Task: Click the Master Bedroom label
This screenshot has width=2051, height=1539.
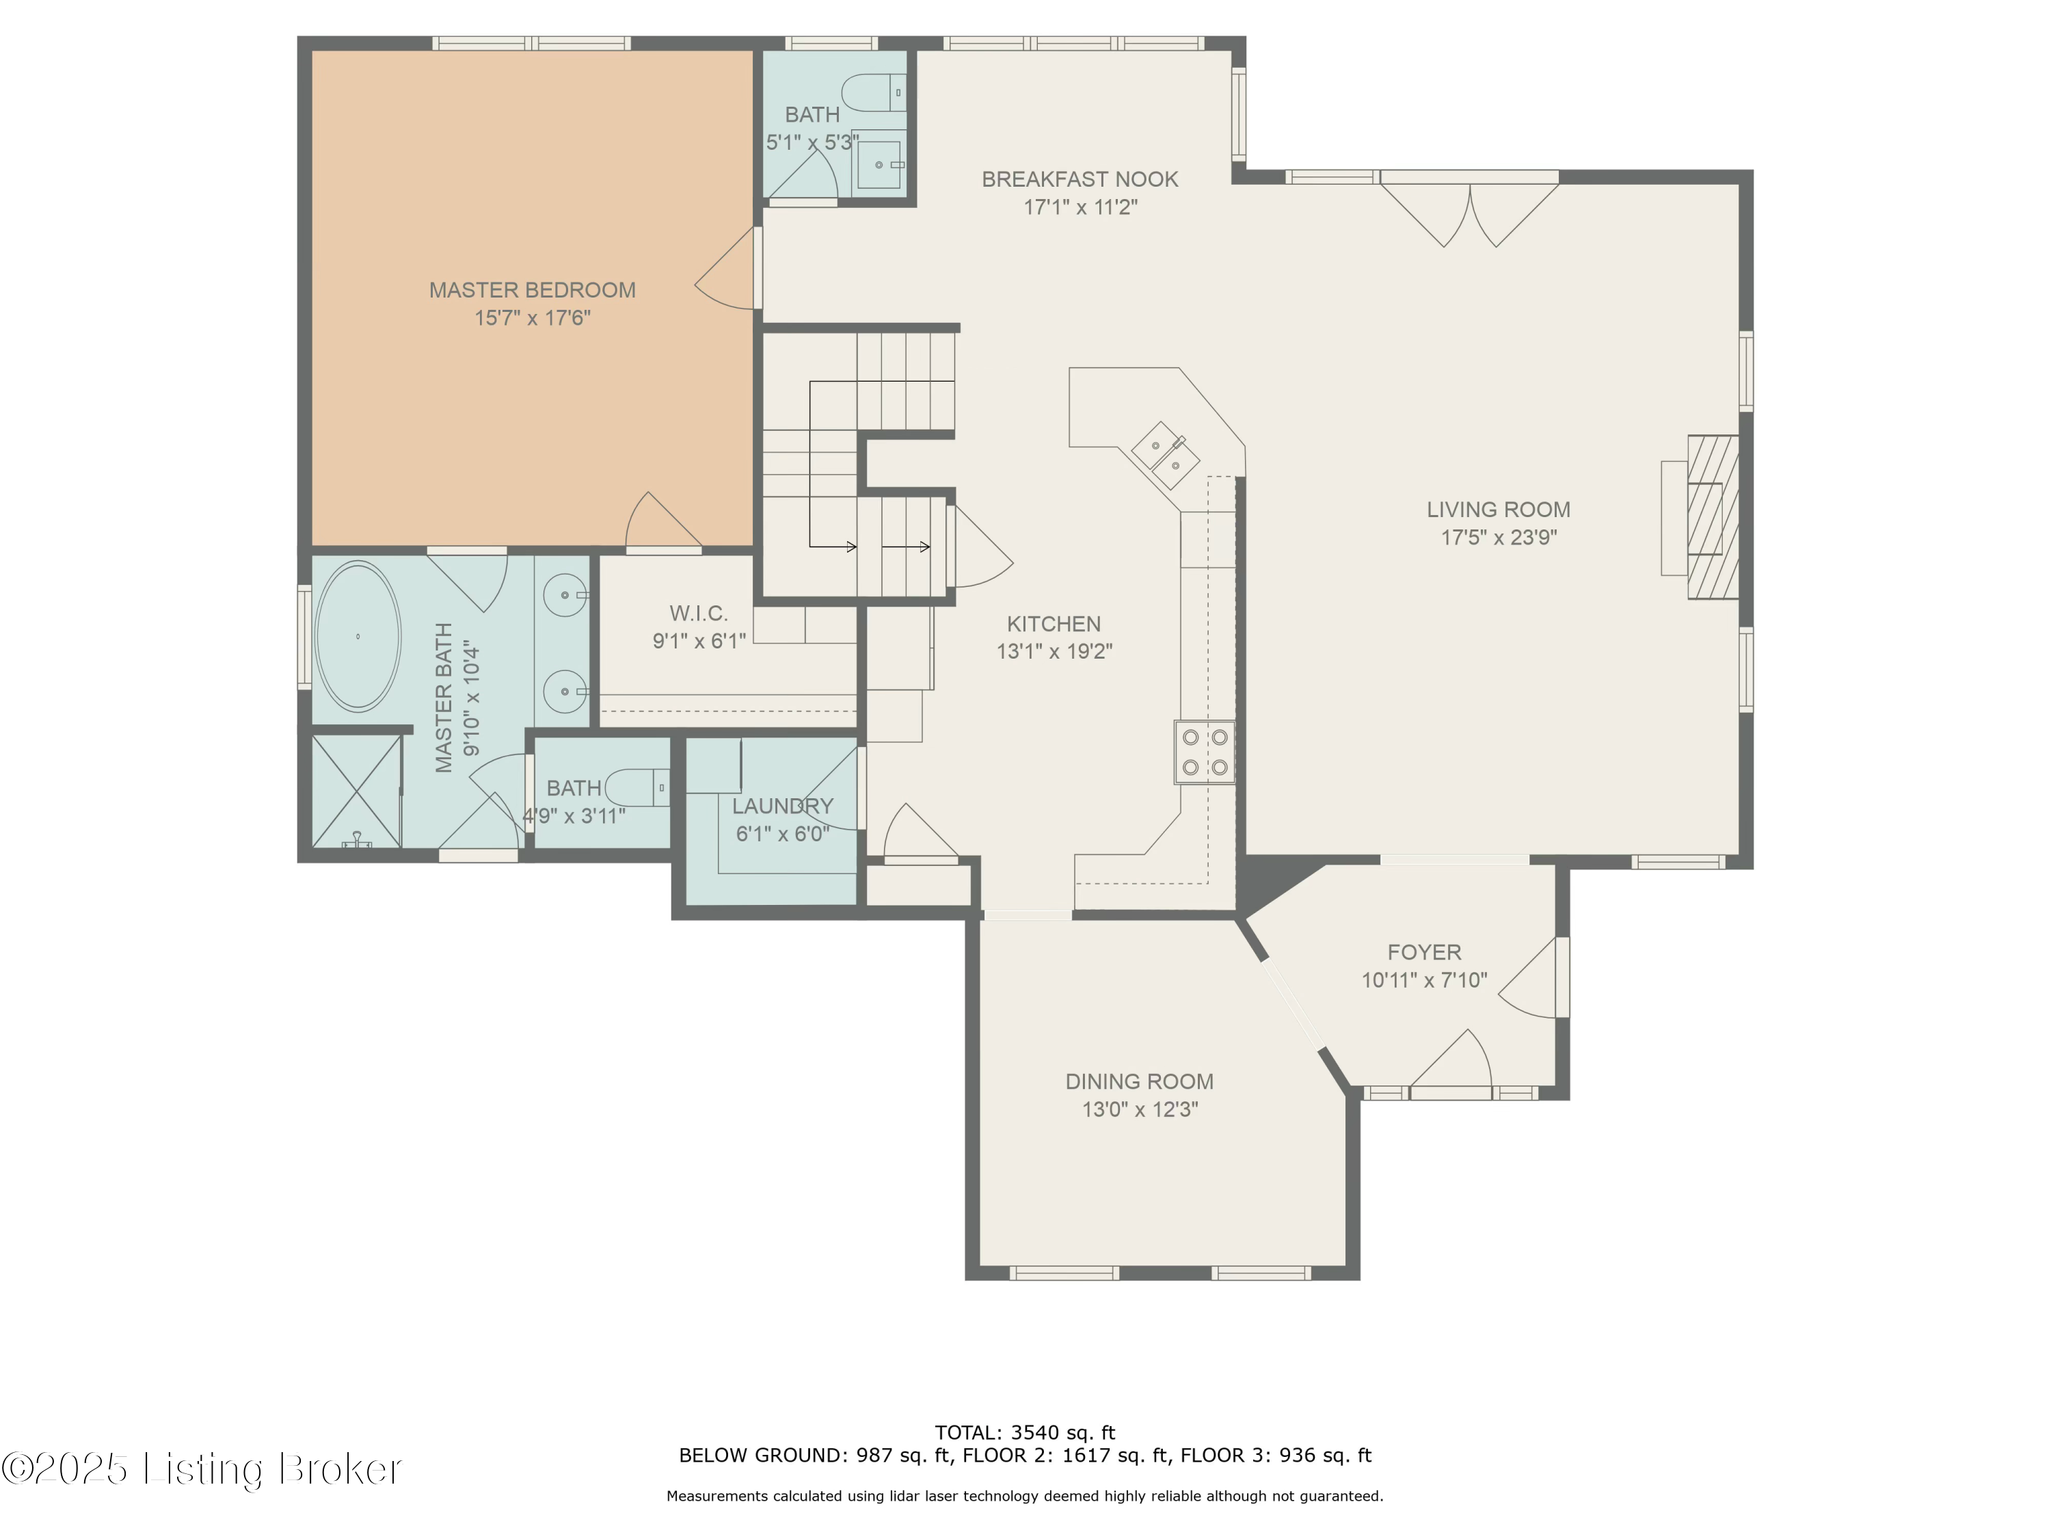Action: [x=531, y=291]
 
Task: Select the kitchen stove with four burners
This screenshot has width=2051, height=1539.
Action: [x=1205, y=752]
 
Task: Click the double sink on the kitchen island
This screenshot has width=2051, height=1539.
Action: [x=1166, y=456]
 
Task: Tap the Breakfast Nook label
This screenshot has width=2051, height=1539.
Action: [x=1080, y=179]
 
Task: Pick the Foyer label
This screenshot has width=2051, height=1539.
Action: [x=1423, y=952]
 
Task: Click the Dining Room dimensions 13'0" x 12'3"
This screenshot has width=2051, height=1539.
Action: [x=1140, y=1109]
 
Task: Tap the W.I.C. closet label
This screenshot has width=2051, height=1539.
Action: [x=698, y=613]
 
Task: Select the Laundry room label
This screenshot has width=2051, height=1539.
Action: [x=783, y=806]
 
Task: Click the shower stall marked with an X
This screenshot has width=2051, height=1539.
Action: [x=356, y=791]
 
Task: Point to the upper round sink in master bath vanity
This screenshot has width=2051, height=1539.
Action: [x=564, y=594]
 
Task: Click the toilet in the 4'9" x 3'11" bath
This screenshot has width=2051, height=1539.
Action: [x=637, y=787]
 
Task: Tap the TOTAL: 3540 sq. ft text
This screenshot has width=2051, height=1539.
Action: [x=1025, y=1432]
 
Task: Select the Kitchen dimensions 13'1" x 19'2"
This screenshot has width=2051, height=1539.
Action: [x=1054, y=652]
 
